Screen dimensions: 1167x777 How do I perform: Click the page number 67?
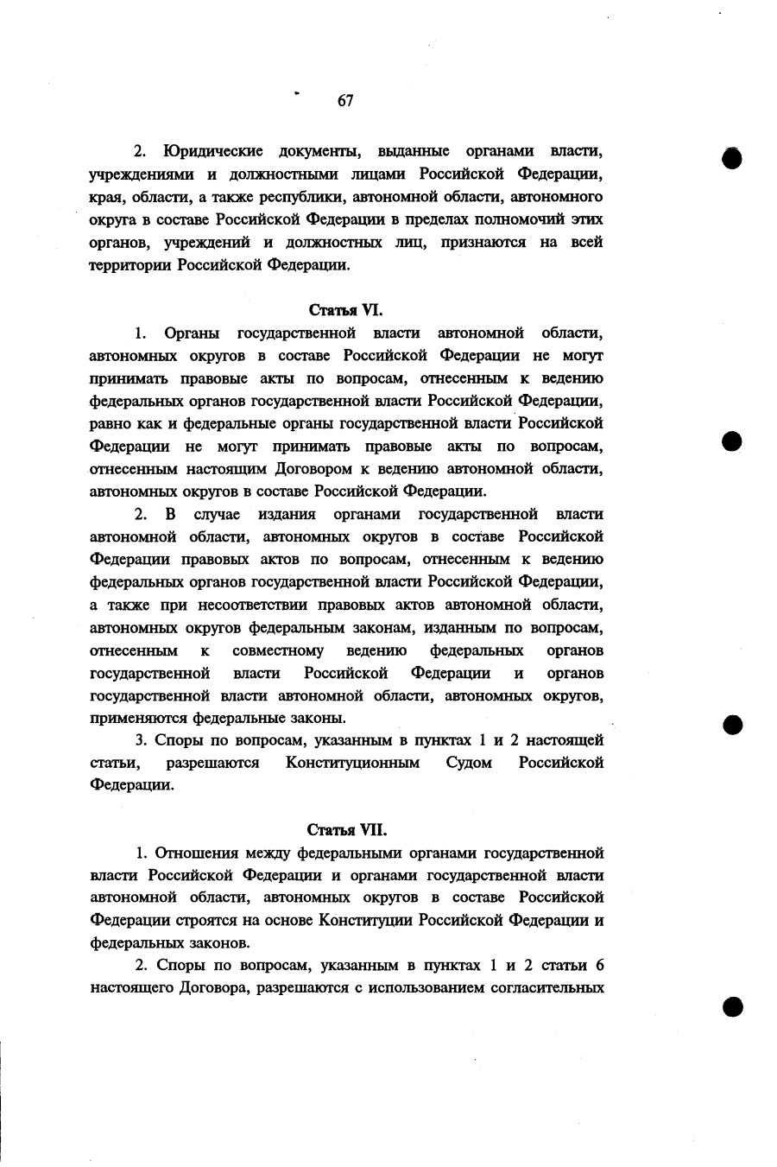345,101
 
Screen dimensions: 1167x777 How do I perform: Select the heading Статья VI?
345,309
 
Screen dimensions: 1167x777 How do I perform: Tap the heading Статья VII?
345,830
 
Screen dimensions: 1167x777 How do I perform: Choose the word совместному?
278,650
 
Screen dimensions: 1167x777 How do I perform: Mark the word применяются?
139,718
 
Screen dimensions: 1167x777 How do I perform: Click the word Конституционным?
353,763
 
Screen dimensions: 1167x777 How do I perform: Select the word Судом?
470,763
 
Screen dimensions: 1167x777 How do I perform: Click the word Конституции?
366,921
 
